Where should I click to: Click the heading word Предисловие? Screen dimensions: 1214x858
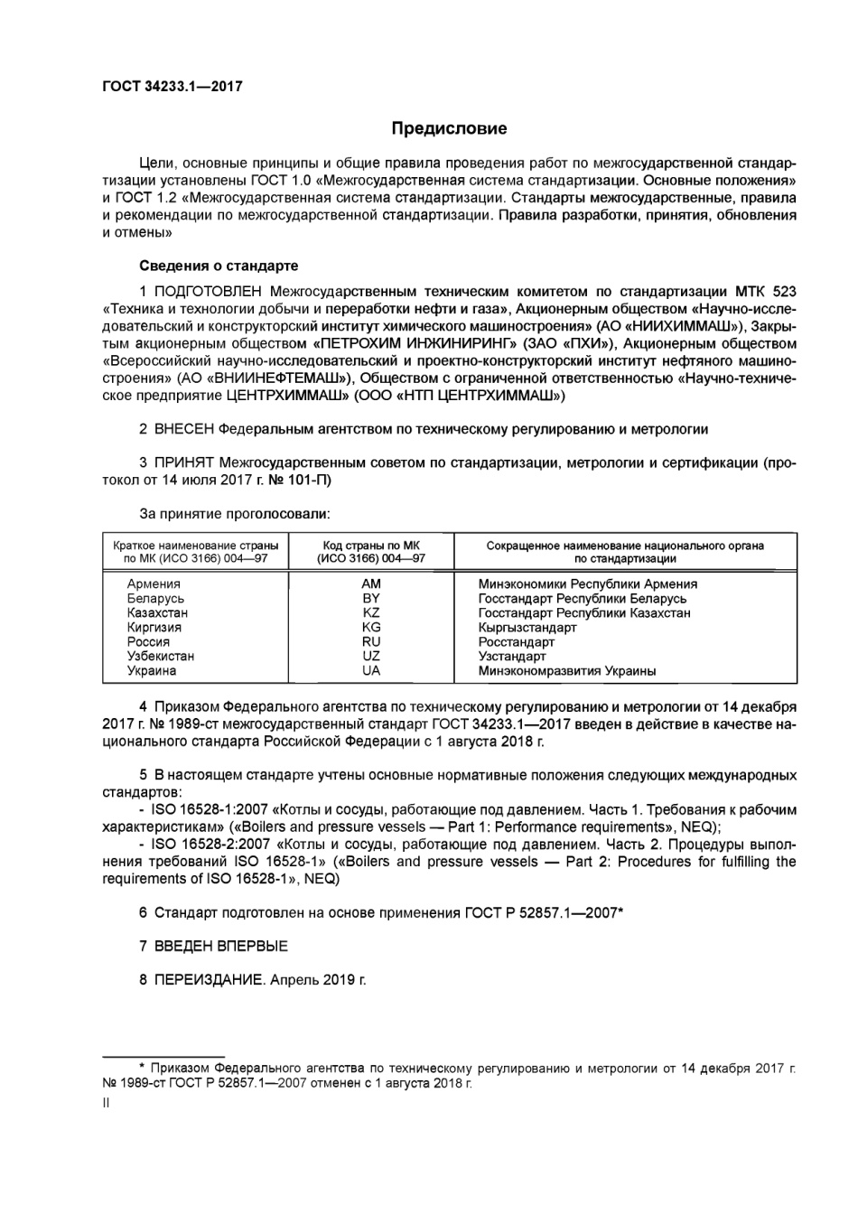point(449,128)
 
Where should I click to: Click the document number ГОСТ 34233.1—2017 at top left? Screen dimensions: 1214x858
point(172,87)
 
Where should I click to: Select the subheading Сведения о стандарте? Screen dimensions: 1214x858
point(219,266)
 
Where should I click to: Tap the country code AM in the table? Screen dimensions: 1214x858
point(370,584)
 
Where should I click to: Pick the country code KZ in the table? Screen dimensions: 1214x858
point(370,612)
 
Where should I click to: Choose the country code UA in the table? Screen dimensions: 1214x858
point(370,670)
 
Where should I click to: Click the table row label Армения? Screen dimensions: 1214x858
point(154,584)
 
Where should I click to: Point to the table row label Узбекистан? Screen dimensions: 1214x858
point(161,656)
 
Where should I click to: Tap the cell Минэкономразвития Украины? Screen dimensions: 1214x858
point(567,670)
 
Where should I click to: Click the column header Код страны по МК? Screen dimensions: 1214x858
point(371,546)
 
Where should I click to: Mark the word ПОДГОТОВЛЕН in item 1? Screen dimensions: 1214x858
point(208,292)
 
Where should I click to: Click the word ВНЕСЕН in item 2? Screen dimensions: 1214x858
point(184,429)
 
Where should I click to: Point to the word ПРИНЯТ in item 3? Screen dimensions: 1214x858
point(184,463)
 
